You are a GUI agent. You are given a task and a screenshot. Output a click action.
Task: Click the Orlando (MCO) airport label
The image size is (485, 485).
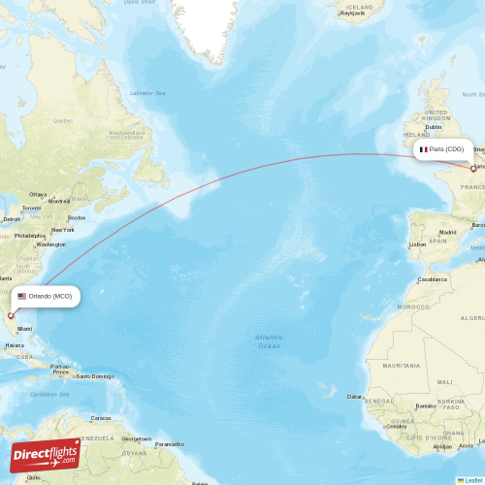click(x=48, y=296)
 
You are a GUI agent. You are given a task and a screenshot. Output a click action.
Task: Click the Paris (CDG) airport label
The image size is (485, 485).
click(x=447, y=149)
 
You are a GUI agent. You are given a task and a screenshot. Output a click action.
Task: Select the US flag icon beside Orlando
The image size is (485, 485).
click(x=22, y=296)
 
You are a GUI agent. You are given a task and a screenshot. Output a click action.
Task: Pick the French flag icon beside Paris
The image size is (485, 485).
click(x=424, y=149)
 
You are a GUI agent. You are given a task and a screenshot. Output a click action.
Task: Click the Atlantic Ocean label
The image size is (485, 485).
click(x=269, y=341)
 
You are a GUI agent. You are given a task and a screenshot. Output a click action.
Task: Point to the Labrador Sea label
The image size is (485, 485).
click(x=148, y=92)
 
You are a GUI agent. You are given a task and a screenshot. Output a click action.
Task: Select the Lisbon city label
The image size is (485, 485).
click(x=417, y=243)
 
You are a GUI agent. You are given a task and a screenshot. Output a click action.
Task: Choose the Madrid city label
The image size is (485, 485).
click(x=447, y=232)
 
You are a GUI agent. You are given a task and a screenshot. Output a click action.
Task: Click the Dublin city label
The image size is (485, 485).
click(x=433, y=126)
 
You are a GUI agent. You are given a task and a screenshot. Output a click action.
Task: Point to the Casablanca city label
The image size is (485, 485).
click(x=433, y=278)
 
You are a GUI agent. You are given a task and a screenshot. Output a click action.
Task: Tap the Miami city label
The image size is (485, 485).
click(x=37, y=329)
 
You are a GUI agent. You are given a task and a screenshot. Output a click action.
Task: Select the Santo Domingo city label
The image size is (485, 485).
click(x=95, y=376)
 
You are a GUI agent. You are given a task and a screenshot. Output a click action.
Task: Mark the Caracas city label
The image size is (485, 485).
click(x=100, y=418)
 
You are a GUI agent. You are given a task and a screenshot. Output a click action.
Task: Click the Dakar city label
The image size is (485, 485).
click(x=356, y=396)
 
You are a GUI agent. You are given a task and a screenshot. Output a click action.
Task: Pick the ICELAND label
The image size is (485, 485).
click(x=358, y=7)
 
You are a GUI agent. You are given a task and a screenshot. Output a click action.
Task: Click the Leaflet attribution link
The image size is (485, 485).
click(x=470, y=479)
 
